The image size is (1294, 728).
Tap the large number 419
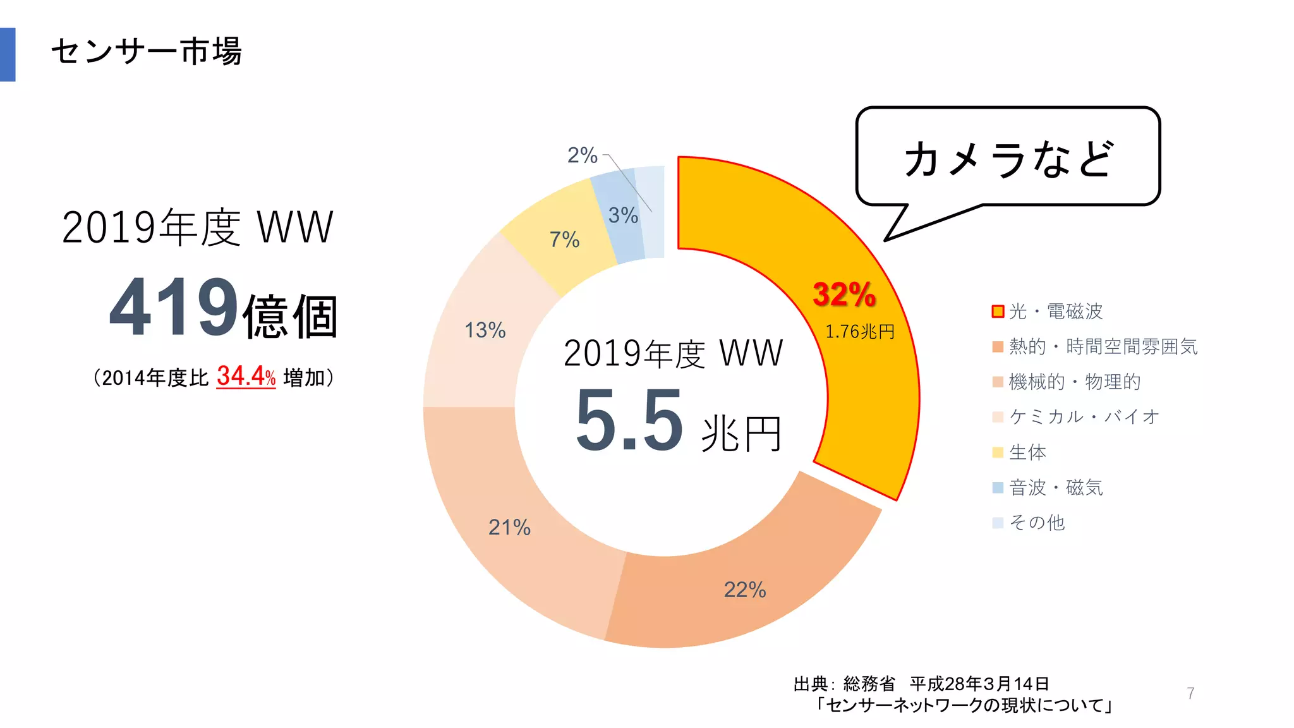pyautogui.click(x=173, y=308)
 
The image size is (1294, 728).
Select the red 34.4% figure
pyautogui.click(x=246, y=376)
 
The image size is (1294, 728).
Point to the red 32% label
pyautogui.click(x=844, y=294)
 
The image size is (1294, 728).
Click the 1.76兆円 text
pyautogui.click(x=860, y=332)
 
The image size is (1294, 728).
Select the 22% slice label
pyautogui.click(x=745, y=590)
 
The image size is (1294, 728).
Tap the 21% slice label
pyautogui.click(x=509, y=527)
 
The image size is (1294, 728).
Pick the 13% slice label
pyautogui.click(x=485, y=330)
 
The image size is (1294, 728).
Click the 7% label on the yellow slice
pyautogui.click(x=564, y=240)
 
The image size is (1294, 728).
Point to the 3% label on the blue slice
pyautogui.click(x=623, y=215)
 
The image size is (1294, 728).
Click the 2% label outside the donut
pyautogui.click(x=582, y=155)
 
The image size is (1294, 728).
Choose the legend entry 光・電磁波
pyautogui.click(x=1055, y=312)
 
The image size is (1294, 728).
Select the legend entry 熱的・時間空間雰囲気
pyautogui.click(x=1103, y=346)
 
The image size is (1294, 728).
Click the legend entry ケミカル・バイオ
pyautogui.click(x=1084, y=416)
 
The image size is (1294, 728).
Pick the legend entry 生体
pyautogui.click(x=1027, y=452)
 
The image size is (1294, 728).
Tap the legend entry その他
pyautogui.click(x=1037, y=523)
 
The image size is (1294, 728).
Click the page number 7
pyautogui.click(x=1190, y=693)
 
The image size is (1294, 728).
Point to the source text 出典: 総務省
pyautogui.click(x=844, y=684)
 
